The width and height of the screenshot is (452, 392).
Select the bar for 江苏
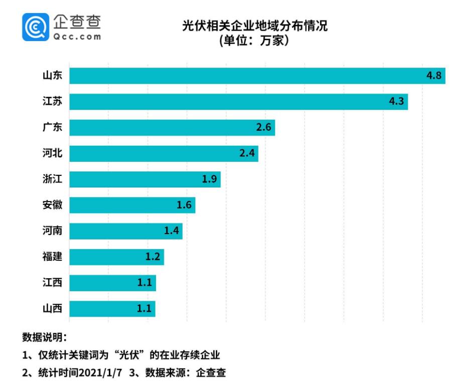pos(238,102)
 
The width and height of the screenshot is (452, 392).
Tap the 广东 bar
pos(172,128)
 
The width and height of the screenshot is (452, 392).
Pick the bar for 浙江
pos(144,179)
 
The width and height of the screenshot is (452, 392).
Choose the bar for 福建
pos(116,257)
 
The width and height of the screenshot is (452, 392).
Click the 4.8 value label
pos(433,76)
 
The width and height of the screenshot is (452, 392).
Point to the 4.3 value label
pos(396,102)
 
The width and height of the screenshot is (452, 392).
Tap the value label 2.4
pos(247,153)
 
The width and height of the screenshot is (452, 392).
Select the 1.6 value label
pos(184,206)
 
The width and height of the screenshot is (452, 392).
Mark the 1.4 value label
pos(172,231)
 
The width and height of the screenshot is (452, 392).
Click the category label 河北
pos(52,153)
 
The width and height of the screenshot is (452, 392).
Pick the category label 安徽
pos(52,205)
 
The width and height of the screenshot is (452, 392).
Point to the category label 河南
pos(52,231)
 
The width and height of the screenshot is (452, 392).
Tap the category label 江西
pos(52,283)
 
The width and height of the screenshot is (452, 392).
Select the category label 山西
pos(52,309)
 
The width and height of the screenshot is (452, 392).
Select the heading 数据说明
pos(44,337)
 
